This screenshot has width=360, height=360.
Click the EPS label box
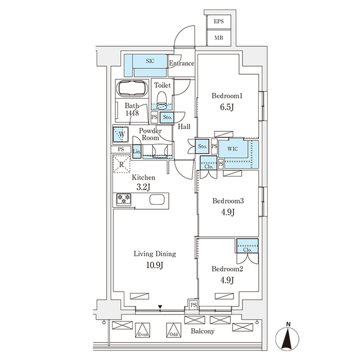pos(218,22)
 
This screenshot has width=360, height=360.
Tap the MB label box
pos(218,38)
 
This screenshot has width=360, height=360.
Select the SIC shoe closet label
pos(150,60)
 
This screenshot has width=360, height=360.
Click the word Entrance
pos(182,64)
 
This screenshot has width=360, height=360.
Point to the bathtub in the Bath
pos(132,89)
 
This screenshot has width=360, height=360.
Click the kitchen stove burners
pos(124,199)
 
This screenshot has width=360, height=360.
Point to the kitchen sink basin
pos(156,199)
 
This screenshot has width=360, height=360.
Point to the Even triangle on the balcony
pos(143,331)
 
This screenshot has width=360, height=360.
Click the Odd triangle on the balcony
pos(173,331)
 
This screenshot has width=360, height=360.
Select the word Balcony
pos(201,331)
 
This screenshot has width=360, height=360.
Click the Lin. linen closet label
pos(137,151)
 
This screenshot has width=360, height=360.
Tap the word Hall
pos(183,127)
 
